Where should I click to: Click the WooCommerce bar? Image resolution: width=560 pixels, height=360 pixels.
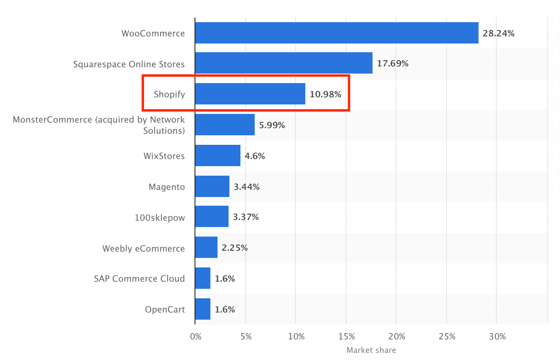click(337, 33)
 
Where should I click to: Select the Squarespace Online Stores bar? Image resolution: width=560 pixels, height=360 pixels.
click(284, 63)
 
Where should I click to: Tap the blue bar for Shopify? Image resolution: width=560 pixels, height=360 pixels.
click(250, 94)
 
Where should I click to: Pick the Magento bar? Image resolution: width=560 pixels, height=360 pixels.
click(212, 186)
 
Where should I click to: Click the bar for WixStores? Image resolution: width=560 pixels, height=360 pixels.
click(218, 155)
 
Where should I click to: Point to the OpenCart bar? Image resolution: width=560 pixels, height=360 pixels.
click(202, 309)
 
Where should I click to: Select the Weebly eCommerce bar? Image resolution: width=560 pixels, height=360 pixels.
click(206, 247)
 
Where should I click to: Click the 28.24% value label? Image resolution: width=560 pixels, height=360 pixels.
click(498, 33)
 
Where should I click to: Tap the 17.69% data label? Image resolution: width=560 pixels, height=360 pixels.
click(392, 63)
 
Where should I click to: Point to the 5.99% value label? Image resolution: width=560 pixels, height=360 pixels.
click(272, 125)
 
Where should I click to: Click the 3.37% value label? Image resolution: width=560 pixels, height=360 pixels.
click(246, 217)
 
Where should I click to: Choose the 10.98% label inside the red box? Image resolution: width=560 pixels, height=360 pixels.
click(325, 94)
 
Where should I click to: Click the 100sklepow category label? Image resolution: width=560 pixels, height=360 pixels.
click(160, 218)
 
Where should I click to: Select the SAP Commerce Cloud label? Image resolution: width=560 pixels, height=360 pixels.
click(139, 279)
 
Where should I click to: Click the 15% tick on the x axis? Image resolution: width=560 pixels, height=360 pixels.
click(346, 337)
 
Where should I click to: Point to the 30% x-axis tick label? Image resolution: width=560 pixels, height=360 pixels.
click(497, 337)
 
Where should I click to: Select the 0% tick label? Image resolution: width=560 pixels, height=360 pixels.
click(196, 337)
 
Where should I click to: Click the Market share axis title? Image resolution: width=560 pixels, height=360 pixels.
click(371, 350)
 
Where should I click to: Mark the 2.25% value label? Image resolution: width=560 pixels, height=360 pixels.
click(235, 248)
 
